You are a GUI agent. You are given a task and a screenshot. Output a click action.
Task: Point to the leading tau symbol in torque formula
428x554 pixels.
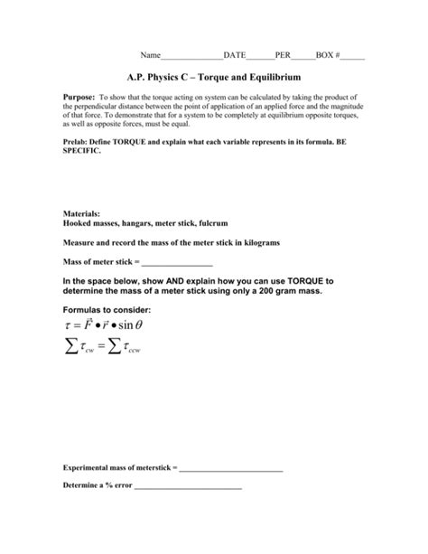68,326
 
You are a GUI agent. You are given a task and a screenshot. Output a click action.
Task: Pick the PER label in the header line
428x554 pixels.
283,56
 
